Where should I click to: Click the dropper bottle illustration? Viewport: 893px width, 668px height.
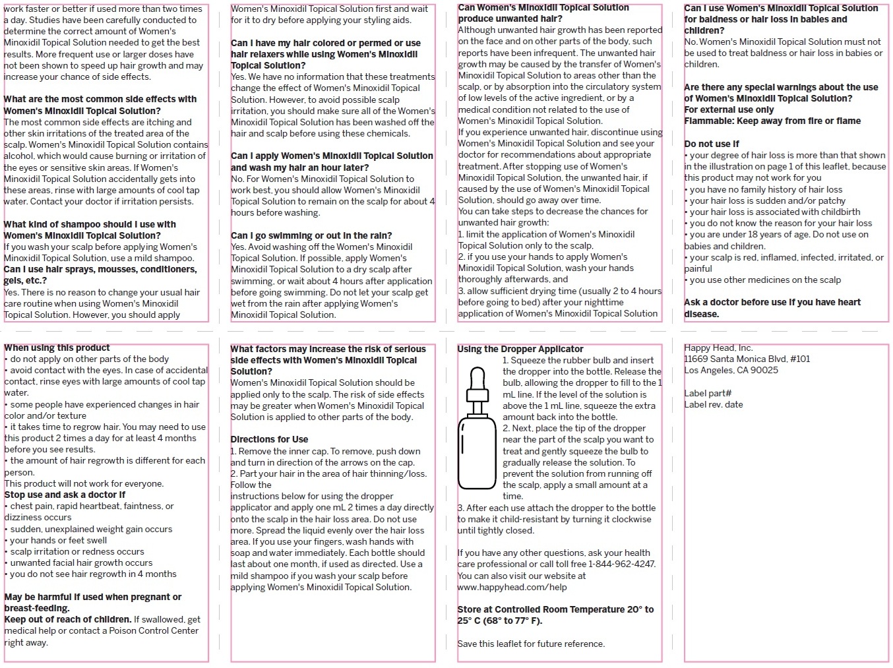477,455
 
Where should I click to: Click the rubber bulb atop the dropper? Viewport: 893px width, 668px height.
477,379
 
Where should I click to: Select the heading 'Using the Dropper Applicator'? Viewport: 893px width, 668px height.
520,349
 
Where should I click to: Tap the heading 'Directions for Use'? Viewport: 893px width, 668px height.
269,439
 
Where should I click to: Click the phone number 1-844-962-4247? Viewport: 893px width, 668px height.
621,564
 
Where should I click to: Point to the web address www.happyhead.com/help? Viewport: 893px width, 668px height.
512,587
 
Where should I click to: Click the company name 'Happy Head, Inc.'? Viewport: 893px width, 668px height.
718,348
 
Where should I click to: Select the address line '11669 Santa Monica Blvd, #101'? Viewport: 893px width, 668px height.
747,359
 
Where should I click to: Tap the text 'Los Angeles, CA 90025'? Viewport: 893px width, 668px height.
731,370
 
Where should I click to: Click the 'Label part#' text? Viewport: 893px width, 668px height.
708,393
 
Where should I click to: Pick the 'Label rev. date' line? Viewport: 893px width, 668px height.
713,404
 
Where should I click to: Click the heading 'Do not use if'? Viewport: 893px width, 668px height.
712,144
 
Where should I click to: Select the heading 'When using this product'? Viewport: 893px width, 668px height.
57,348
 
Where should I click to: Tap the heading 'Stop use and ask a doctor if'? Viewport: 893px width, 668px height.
65,495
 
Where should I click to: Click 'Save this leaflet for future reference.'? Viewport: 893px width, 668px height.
531,644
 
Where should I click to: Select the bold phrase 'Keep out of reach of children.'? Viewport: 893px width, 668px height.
68,619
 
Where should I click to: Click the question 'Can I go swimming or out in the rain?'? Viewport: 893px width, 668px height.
311,235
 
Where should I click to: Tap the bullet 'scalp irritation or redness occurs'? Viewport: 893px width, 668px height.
77,551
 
